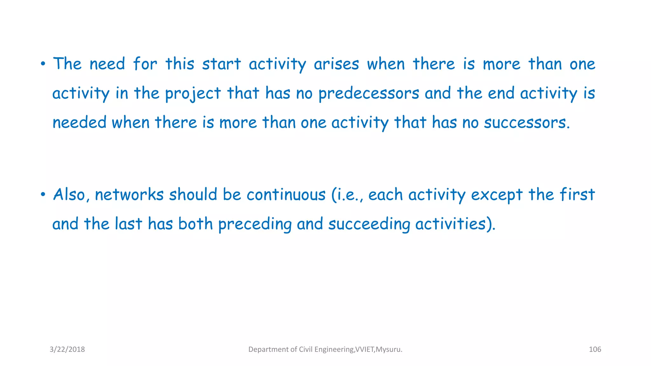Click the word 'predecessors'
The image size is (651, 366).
[x=369, y=93]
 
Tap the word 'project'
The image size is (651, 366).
[x=193, y=93]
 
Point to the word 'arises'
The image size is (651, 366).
[x=336, y=64]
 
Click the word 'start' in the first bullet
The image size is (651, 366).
[x=222, y=64]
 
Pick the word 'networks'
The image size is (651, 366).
[x=129, y=194]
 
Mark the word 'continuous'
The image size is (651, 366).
[x=286, y=194]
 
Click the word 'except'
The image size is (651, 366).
[x=497, y=195]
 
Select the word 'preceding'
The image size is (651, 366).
[x=255, y=224]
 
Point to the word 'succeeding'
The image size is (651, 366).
[x=369, y=224]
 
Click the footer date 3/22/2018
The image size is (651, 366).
[x=67, y=349]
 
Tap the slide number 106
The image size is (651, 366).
[x=595, y=349]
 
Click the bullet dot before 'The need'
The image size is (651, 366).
[x=43, y=64]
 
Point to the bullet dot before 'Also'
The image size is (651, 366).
[x=43, y=194]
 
